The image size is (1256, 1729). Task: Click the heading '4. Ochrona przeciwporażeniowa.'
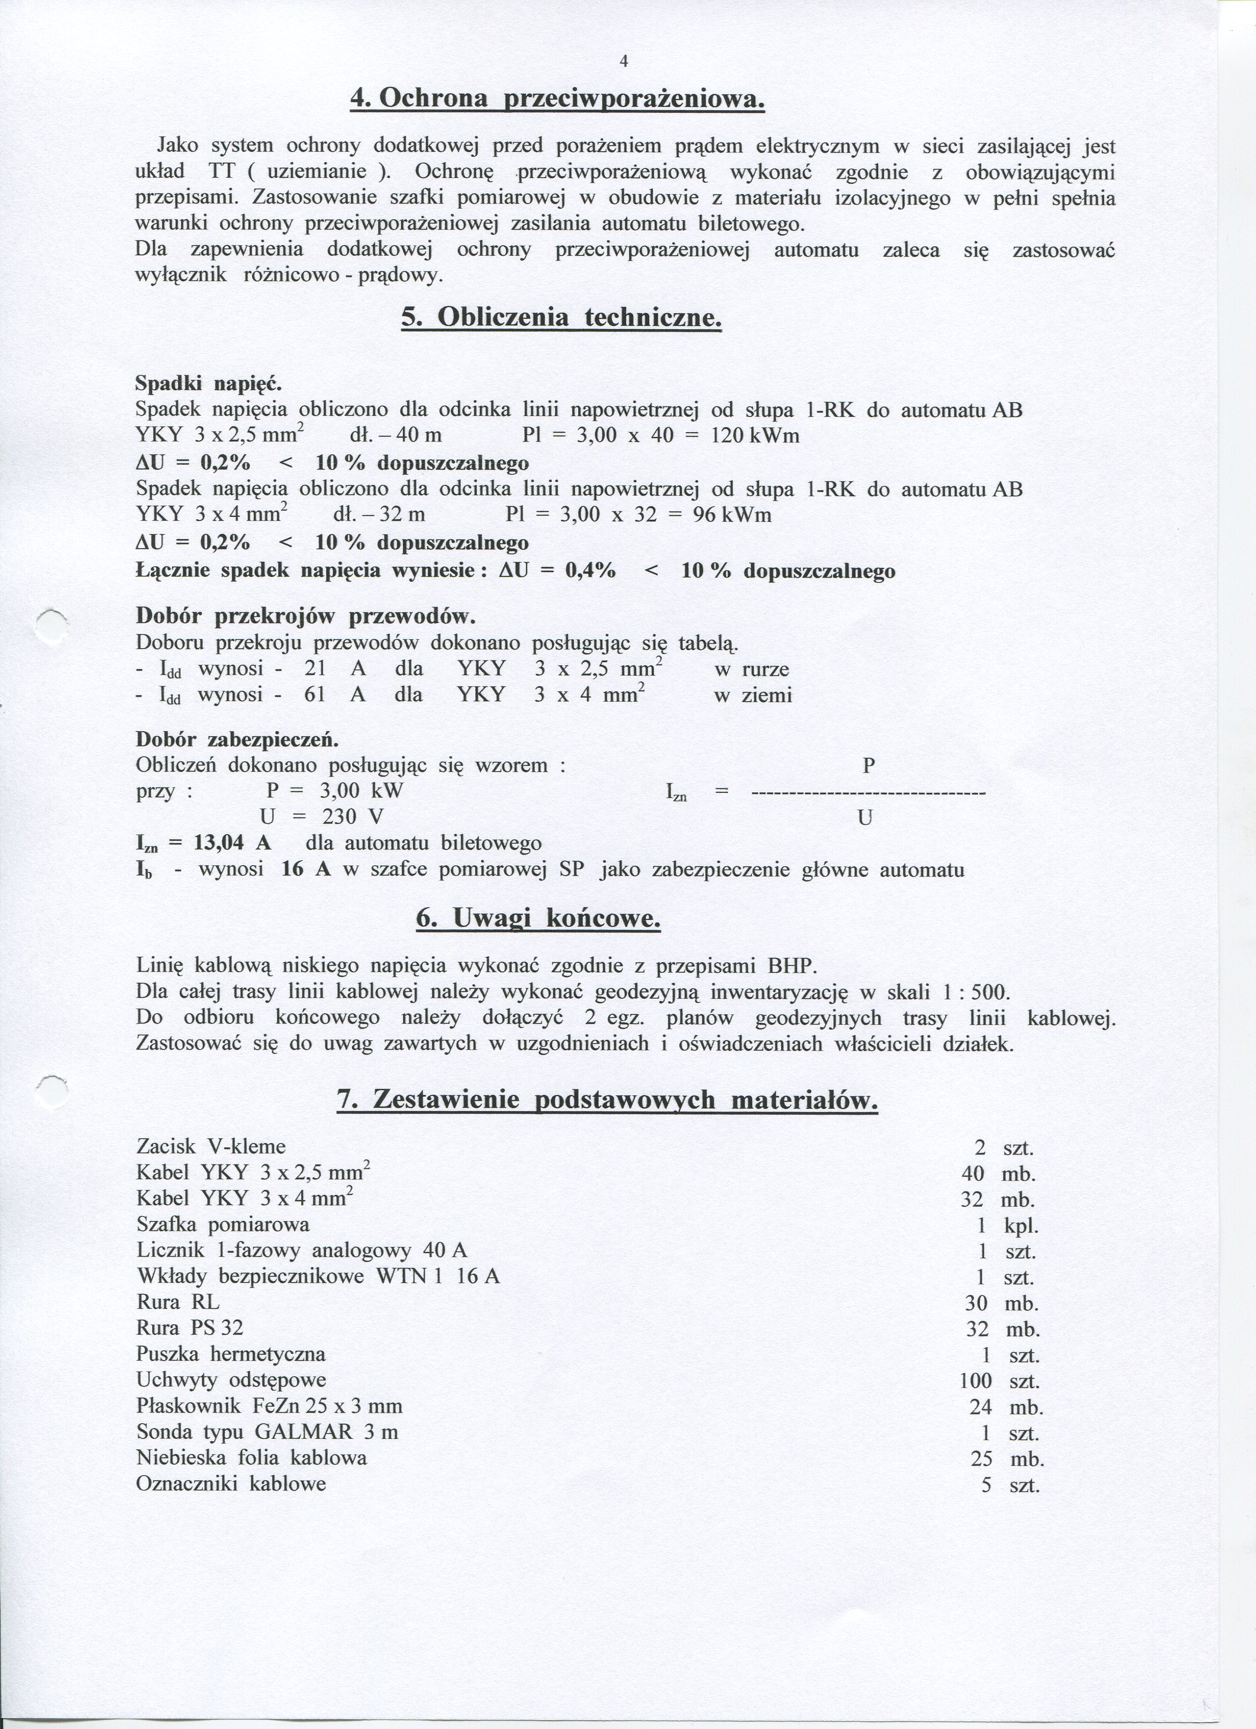click(x=557, y=99)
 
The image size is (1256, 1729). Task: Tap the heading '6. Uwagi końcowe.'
click(x=538, y=920)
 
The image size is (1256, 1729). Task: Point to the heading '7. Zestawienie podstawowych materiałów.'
click(x=607, y=1100)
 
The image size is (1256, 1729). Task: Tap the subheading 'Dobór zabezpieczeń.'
click(x=237, y=740)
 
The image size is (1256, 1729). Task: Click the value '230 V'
click(x=353, y=817)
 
